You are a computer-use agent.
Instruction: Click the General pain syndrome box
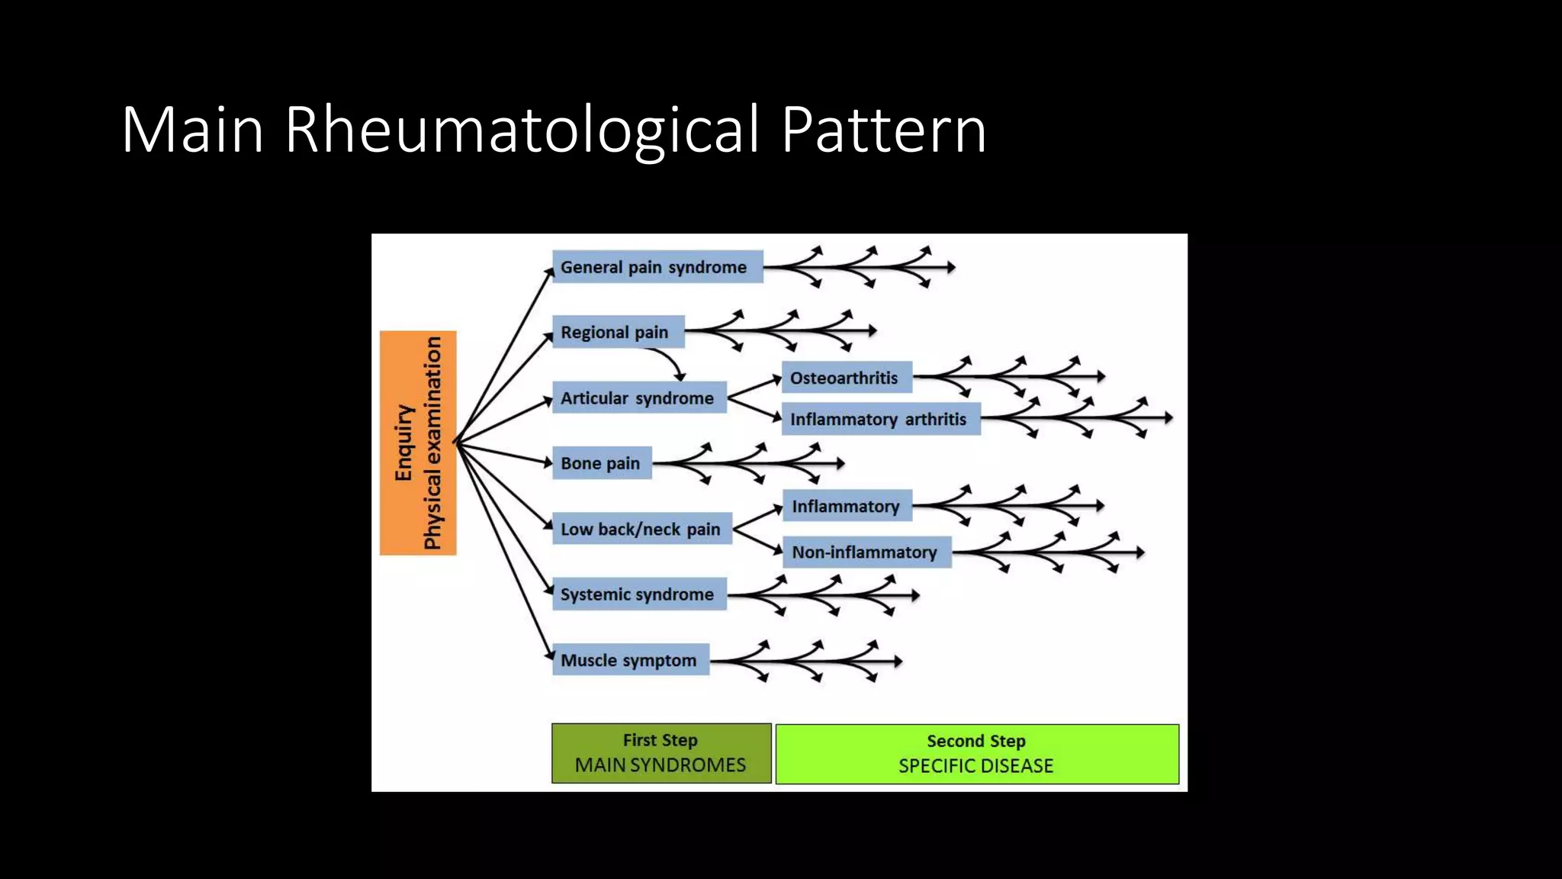[657, 267]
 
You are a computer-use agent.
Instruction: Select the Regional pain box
[618, 332]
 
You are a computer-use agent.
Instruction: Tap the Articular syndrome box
[638, 398]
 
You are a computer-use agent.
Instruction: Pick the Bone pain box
[602, 463]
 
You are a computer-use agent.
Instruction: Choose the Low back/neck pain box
[641, 529]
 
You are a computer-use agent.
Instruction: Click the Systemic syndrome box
[638, 594]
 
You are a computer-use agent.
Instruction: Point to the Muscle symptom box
[630, 660]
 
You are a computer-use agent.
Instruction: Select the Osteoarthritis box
[846, 378]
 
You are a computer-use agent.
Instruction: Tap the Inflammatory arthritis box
[880, 420]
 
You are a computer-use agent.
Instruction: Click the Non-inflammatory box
[866, 552]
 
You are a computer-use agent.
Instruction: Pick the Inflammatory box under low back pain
[847, 506]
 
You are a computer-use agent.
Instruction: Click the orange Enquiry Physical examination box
[418, 443]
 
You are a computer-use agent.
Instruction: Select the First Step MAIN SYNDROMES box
[661, 753]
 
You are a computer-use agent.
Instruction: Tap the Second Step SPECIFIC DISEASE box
[977, 754]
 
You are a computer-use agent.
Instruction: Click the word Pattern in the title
[883, 130]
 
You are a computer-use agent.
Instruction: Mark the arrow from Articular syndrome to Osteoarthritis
[754, 387]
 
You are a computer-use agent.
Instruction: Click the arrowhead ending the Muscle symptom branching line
[898, 661]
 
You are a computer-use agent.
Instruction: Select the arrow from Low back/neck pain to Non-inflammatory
[758, 540]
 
